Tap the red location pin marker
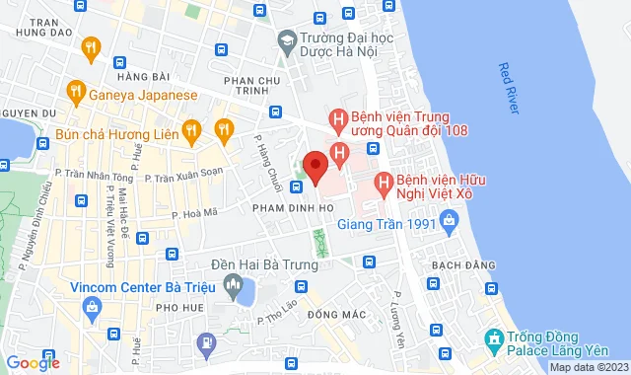click(315, 167)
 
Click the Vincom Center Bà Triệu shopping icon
click(92, 308)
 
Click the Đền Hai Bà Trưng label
click(264, 264)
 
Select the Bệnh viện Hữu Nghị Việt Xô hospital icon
click(382, 184)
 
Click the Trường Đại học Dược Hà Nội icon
click(287, 41)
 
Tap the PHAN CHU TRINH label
click(254, 88)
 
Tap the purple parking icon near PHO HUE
click(206, 343)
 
